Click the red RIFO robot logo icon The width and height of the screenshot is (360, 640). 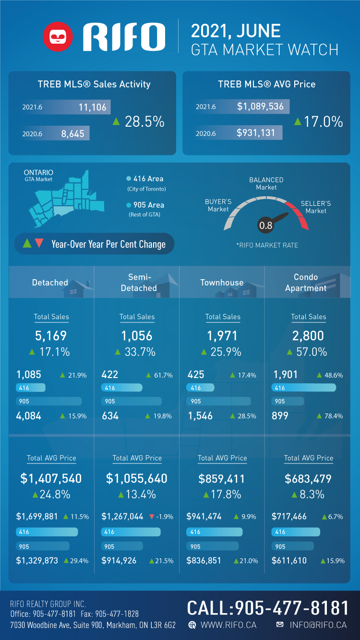tap(58, 36)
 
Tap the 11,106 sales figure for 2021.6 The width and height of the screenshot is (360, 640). tap(93, 107)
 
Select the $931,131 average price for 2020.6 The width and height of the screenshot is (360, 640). tap(256, 132)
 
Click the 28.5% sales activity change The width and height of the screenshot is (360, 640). tap(144, 122)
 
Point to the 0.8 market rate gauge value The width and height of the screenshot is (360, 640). tap(265, 225)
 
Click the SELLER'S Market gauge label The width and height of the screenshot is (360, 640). tap(316, 207)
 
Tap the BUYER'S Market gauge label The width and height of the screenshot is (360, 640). tap(218, 205)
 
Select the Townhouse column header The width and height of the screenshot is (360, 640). tap(222, 283)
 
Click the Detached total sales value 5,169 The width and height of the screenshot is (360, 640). tap(51, 336)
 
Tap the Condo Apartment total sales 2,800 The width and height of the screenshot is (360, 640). tap(308, 336)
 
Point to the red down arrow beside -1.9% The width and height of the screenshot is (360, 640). tap(152, 517)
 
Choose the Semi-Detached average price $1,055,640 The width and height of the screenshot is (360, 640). tap(137, 478)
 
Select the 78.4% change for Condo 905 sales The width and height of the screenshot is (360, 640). tap(334, 416)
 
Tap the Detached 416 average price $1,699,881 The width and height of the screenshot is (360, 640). tap(37, 517)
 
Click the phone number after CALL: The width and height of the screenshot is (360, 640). tap(292, 608)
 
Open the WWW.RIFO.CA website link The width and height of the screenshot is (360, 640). tap(228, 625)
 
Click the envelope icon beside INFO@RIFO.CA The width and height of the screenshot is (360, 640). tap(280, 625)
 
